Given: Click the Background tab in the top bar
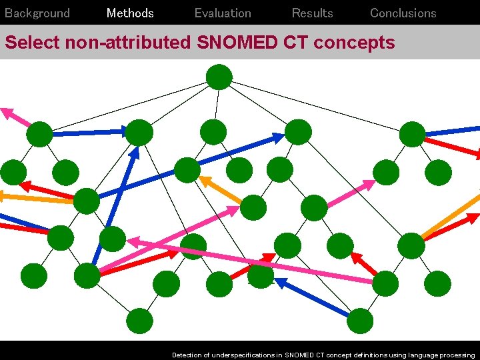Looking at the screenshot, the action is click(x=37, y=13).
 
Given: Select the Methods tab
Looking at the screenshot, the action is click(x=130, y=13).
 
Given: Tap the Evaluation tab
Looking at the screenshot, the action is click(x=223, y=13).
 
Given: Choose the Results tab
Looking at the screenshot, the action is click(x=312, y=13).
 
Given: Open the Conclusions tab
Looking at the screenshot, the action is click(x=403, y=13).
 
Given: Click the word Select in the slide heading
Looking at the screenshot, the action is click(x=32, y=43).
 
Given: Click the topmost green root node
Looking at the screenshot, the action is click(x=219, y=77).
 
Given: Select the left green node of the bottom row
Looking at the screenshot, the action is click(x=140, y=321).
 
